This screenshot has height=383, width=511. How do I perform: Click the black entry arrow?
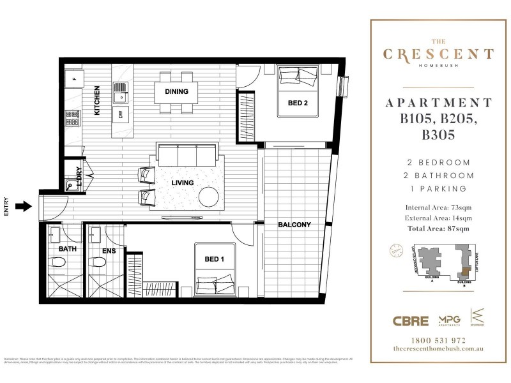pyautogui.click(x=22, y=206)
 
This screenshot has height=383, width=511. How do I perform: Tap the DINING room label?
pyautogui.click(x=176, y=91)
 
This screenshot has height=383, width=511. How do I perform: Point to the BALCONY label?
pyautogui.click(x=294, y=225)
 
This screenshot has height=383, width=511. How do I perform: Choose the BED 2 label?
pyautogui.click(x=298, y=102)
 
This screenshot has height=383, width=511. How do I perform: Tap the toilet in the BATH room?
pyautogui.click(x=58, y=262)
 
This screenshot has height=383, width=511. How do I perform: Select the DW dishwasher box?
pyautogui.click(x=119, y=114)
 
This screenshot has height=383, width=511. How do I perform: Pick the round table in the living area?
pyautogui.click(x=209, y=197)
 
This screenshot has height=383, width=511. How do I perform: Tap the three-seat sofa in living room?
pyautogui.click(x=187, y=155)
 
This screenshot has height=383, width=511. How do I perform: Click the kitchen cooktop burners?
pyautogui.click(x=72, y=118)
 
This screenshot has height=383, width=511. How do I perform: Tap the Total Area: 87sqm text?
pyautogui.click(x=437, y=228)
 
